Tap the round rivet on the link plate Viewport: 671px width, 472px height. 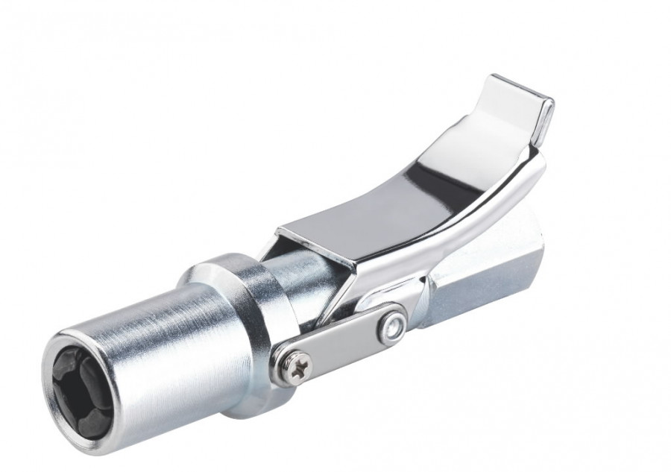click(391, 327)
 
